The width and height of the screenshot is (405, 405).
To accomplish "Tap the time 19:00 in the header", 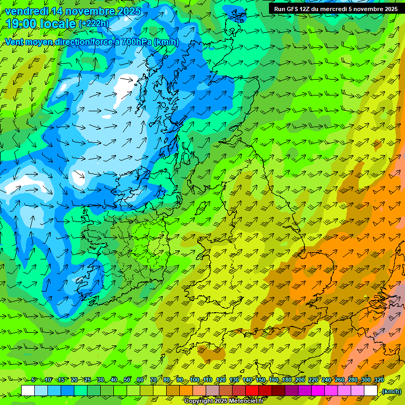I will (23, 24).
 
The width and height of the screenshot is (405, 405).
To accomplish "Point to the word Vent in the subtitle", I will (15, 42).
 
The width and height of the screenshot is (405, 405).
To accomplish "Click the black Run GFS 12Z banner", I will (336, 9).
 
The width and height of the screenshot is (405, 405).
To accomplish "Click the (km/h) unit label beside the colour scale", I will (391, 391).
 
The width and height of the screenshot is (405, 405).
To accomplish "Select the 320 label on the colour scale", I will (379, 380).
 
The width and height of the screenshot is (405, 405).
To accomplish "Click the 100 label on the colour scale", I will (195, 380).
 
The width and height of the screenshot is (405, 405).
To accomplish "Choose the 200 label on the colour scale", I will (300, 380).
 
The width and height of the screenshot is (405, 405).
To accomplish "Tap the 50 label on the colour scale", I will (127, 380).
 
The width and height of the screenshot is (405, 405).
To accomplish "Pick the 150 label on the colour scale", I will (261, 380).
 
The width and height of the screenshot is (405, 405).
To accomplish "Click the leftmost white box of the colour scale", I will (28, 391).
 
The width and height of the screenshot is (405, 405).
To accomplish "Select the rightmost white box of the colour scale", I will (371, 391).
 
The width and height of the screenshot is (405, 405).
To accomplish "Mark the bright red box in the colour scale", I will (252, 391).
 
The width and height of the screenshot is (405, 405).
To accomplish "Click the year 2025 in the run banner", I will (391, 9).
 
